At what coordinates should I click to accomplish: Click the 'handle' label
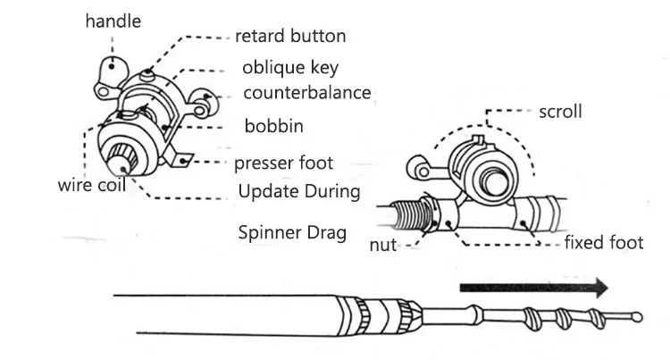coord(113,21)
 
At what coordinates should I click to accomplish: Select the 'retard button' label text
coord(290,36)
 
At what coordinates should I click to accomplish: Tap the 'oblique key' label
coord(290,68)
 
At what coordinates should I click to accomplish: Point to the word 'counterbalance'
coord(307,93)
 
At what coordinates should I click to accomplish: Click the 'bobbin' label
coord(274,126)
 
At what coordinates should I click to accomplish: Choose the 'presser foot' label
coord(284,163)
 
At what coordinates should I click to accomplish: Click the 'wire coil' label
coord(92,185)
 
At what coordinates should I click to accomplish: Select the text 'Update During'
coord(299,191)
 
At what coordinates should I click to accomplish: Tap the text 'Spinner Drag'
coord(292,233)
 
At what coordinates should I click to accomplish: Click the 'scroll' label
coord(560,112)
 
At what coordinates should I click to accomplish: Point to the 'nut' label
coord(383,245)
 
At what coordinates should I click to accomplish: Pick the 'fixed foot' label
coord(604,243)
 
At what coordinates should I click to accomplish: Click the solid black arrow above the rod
coord(533,288)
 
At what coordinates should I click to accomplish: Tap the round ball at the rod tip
coord(637,317)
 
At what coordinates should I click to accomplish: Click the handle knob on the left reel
coord(112,68)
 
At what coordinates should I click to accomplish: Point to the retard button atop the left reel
coord(147,75)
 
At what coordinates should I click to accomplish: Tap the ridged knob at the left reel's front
coord(122,159)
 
